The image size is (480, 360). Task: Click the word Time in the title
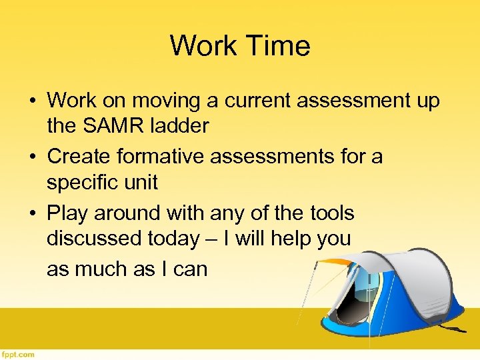[x=279, y=46]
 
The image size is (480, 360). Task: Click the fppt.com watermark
[x=17, y=354]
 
